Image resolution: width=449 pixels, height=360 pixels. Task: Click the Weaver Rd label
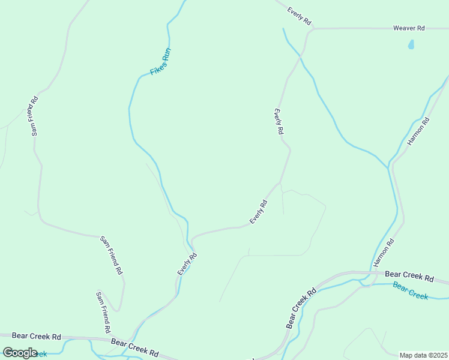point(409,28)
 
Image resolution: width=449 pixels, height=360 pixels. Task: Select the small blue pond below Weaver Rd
point(411,44)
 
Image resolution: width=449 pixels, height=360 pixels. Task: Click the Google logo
point(20,352)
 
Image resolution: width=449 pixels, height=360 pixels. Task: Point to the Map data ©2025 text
point(423,355)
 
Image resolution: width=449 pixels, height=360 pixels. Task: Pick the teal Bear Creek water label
point(411,291)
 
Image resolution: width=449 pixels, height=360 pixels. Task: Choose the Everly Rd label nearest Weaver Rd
point(299,16)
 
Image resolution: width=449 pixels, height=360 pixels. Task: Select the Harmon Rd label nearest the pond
point(419,131)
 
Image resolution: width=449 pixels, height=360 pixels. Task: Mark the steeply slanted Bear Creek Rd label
point(301,309)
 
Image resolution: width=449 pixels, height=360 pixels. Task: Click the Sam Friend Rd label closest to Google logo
point(103,312)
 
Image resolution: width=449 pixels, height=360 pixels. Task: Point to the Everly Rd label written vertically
point(279,122)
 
